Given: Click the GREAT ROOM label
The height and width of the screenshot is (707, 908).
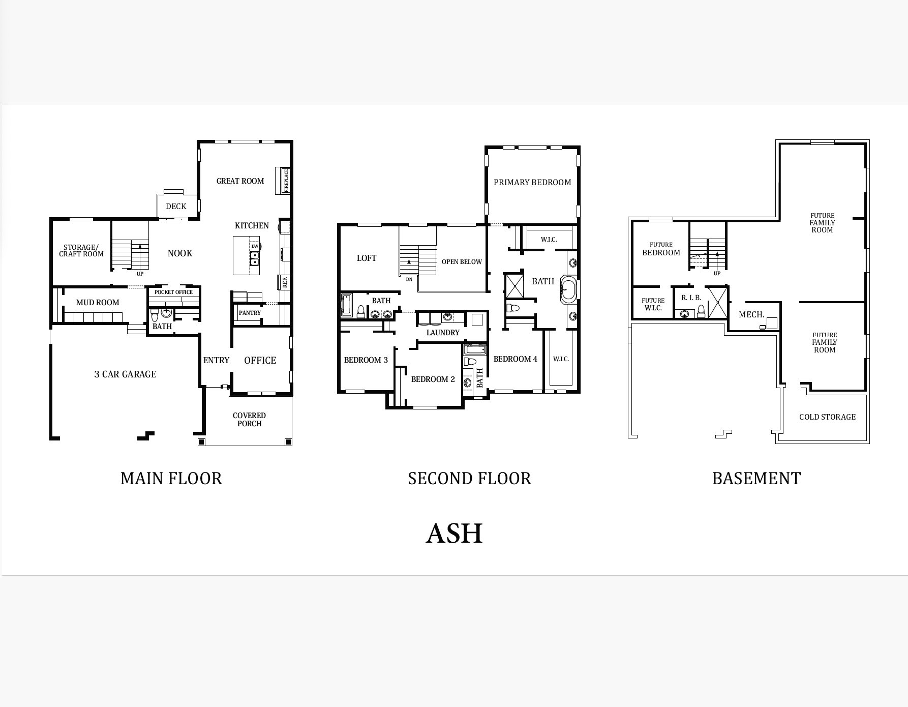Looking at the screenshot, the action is click(240, 181).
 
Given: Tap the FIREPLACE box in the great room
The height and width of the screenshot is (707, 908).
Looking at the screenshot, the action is click(282, 181).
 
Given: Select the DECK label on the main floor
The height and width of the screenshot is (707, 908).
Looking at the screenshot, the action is click(176, 206).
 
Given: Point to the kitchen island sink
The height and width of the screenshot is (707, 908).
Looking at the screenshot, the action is click(255, 258).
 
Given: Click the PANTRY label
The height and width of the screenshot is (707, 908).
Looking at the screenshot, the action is click(250, 313).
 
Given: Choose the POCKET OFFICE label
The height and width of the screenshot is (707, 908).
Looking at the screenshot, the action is click(173, 292).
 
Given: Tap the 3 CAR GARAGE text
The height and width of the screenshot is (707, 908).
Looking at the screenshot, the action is click(125, 374).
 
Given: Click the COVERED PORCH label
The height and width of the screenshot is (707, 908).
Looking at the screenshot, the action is click(249, 420).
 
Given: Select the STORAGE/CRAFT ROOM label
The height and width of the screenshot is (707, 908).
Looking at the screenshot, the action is click(81, 251).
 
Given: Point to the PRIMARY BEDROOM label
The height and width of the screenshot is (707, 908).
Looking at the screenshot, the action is click(532, 182).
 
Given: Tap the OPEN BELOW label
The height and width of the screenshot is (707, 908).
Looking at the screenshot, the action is click(462, 262).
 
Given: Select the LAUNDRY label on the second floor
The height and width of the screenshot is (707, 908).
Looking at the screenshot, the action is click(443, 333).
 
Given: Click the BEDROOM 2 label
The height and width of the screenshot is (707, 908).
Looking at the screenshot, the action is click(433, 379).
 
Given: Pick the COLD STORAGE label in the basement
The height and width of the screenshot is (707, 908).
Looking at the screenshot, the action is click(827, 417).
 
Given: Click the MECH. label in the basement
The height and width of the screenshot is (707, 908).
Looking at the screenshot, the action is click(751, 315).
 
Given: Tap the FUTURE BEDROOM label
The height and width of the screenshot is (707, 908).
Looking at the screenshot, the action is click(661, 249).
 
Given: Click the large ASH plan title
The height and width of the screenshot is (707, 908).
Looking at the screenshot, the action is click(454, 533).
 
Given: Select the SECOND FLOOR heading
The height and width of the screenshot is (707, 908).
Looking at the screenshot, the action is click(469, 479).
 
